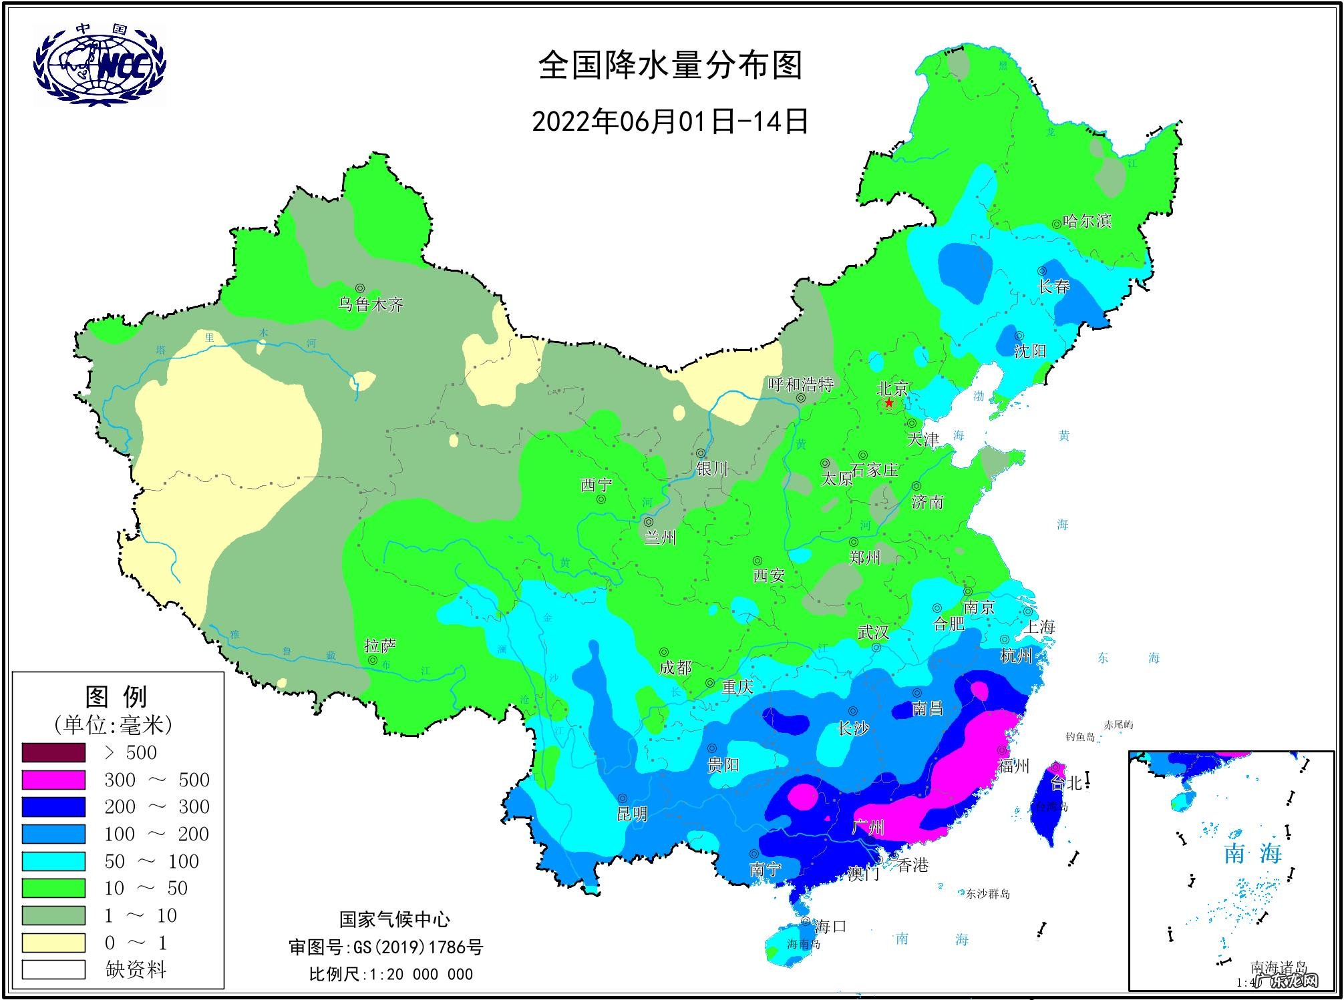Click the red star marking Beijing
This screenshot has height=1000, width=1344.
(x=889, y=403)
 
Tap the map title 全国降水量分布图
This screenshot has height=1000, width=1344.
(x=670, y=65)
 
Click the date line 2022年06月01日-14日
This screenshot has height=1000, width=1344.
(x=670, y=121)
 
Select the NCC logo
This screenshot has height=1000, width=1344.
(x=100, y=65)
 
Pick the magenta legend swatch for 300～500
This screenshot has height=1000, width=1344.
(x=53, y=780)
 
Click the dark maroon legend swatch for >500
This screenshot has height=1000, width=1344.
(x=53, y=752)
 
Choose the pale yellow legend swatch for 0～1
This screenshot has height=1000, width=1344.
(x=53, y=943)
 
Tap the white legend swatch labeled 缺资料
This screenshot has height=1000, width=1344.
(x=53, y=969)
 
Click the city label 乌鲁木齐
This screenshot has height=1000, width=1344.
(x=371, y=305)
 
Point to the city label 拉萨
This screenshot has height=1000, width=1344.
(x=380, y=646)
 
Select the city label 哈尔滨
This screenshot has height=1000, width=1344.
(x=1087, y=221)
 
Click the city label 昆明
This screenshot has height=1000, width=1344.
(x=632, y=814)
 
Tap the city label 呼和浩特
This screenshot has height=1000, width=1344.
(x=800, y=385)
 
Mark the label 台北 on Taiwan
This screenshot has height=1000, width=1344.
(x=1066, y=783)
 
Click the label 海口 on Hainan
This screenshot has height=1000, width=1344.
(x=831, y=927)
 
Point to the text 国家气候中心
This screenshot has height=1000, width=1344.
(x=395, y=919)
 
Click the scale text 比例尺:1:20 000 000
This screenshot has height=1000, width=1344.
(x=391, y=974)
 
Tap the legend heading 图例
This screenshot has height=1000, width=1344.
(x=116, y=697)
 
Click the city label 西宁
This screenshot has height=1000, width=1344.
(x=596, y=485)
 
